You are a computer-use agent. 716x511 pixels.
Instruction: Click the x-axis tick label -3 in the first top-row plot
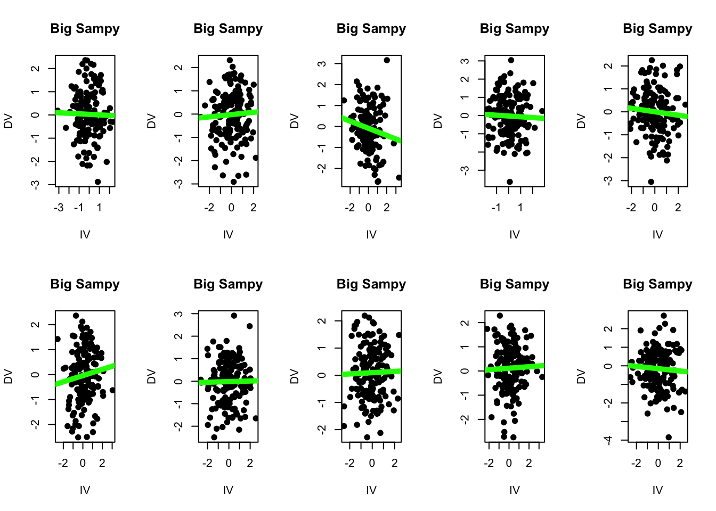pos(59,208)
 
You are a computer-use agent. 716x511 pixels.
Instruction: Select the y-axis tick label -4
pos(609,440)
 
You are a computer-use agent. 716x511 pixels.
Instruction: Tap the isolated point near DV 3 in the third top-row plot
pos(387,60)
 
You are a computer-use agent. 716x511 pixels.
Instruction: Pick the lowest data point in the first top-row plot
pos(97,182)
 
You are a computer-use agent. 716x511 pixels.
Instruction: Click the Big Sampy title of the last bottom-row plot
pos(657,284)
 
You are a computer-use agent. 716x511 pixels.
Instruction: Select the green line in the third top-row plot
pos(371,129)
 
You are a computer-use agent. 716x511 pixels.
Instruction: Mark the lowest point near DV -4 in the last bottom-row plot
pos(669,437)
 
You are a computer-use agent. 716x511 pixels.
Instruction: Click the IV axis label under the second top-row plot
pos(228,234)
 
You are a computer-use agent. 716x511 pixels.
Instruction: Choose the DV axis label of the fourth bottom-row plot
pos(438,376)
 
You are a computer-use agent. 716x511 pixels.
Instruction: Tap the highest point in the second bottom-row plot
pos(234,316)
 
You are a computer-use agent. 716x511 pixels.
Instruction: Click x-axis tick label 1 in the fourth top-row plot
pos(520,208)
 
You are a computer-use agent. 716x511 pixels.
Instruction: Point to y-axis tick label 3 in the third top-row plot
pos(322,63)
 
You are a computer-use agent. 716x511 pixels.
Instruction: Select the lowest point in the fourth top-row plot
pos(509,182)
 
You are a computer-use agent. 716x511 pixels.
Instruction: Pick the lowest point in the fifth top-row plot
pos(651,182)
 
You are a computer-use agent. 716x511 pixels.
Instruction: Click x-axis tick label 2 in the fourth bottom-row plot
pos(528,463)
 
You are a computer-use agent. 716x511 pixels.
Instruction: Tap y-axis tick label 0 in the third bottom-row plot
pos(322,375)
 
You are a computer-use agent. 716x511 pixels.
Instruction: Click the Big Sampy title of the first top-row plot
pos(85,29)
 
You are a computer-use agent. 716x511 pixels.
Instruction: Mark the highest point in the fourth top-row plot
pos(511,60)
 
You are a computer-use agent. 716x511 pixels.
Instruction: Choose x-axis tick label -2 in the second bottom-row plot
pos(207,463)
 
